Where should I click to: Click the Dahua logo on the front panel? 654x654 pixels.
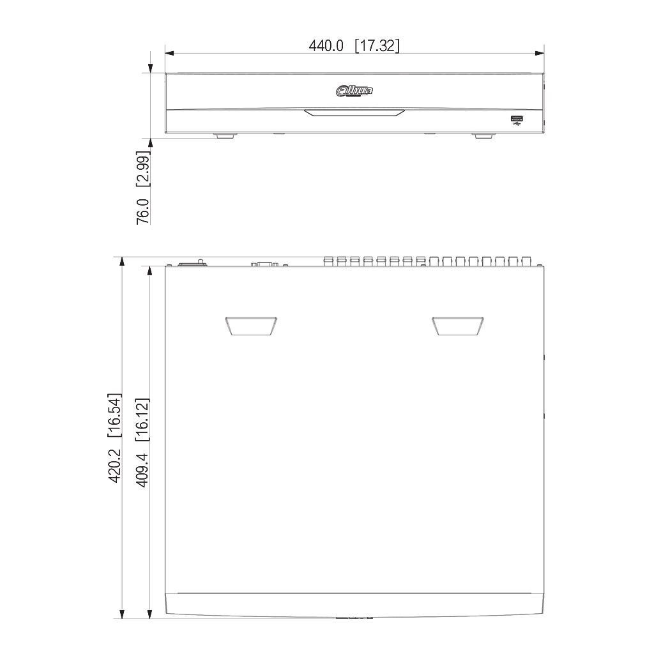tap(354, 91)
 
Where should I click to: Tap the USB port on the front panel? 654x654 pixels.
tap(517, 118)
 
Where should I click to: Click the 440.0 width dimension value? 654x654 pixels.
tap(326, 45)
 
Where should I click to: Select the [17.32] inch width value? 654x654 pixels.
tap(377, 45)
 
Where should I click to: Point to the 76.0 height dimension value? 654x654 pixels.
tap(143, 211)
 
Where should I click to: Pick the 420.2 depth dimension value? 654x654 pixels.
tap(114, 466)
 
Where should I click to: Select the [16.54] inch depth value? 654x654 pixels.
tap(114, 415)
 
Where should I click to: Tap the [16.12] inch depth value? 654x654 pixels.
tap(142, 420)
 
